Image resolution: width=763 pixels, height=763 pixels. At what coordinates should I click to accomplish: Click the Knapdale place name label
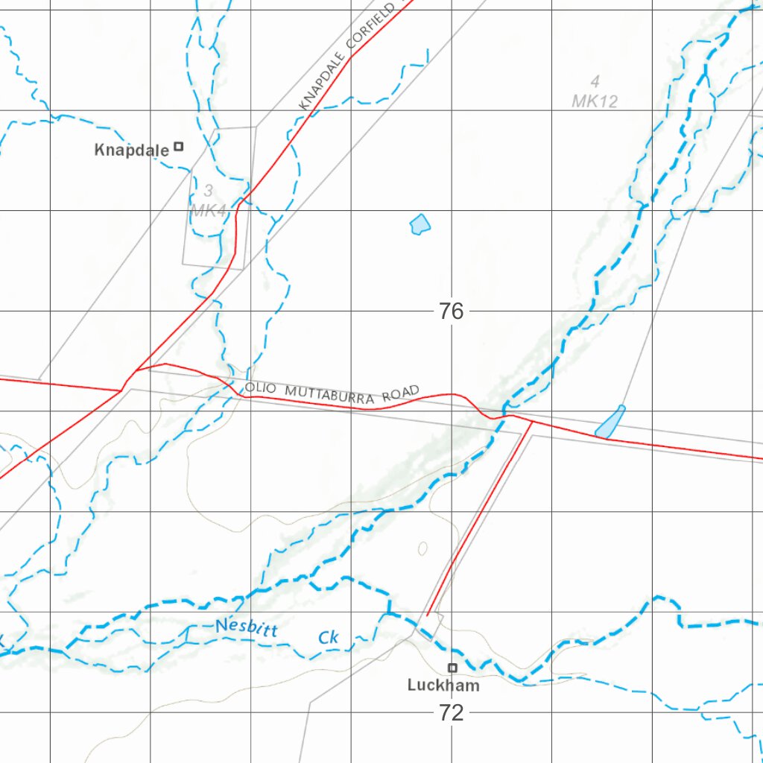[131, 150]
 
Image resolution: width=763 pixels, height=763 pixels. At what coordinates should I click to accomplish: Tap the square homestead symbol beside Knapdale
[179, 146]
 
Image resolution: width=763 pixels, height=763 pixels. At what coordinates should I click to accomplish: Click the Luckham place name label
[443, 686]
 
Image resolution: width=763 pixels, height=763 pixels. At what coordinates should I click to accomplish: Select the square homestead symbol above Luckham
[452, 668]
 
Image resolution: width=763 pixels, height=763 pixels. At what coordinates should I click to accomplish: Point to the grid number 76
[452, 311]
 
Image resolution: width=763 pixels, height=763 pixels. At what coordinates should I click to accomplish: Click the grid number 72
[452, 713]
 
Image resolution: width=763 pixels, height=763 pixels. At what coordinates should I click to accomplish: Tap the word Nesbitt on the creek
[247, 628]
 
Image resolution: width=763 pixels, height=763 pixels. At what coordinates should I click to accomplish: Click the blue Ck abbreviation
[329, 638]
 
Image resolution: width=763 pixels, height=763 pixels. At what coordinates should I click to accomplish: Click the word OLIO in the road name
[259, 387]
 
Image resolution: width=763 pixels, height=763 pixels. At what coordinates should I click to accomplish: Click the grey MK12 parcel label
[595, 101]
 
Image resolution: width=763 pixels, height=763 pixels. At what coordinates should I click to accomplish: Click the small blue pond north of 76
[420, 224]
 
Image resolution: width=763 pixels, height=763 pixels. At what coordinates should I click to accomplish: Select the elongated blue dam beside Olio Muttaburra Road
[610, 422]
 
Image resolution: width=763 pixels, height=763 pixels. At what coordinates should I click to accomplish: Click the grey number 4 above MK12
[595, 81]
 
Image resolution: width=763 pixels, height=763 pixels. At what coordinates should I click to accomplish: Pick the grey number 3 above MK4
[209, 191]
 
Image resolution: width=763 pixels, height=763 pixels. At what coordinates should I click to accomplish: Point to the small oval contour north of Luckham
[422, 549]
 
